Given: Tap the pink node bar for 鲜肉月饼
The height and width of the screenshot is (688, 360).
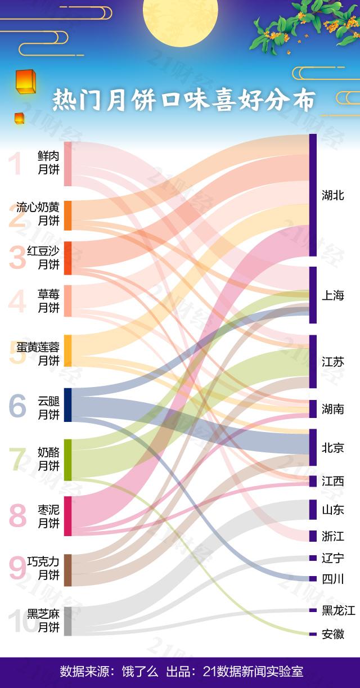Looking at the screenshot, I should (67, 164).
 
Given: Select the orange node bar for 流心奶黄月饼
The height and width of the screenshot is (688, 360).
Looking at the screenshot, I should (67, 215).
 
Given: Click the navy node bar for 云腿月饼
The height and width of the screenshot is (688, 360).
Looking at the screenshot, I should (67, 404).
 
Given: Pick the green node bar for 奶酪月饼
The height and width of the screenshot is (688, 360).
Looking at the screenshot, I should (67, 460).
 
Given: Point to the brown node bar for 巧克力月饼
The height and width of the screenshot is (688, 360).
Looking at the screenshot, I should (67, 570).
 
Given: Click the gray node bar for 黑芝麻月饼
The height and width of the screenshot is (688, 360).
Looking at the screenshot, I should (67, 621).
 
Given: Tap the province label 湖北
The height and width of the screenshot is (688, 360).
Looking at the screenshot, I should (333, 196).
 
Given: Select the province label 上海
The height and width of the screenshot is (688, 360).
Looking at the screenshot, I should (332, 295).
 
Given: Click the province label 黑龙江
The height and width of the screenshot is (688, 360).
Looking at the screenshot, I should (339, 610).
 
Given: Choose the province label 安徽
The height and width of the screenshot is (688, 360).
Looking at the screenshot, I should (333, 634).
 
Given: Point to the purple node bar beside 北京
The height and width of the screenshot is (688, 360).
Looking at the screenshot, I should (313, 447).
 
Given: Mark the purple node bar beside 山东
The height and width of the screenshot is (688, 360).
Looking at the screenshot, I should (313, 509).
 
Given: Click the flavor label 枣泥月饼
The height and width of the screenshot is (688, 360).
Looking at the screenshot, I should (48, 516).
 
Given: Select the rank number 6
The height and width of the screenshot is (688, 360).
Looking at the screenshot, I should (17, 406).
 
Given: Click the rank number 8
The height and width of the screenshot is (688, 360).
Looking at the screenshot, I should (18, 516).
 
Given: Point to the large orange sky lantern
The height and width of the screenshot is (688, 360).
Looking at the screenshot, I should (26, 82).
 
